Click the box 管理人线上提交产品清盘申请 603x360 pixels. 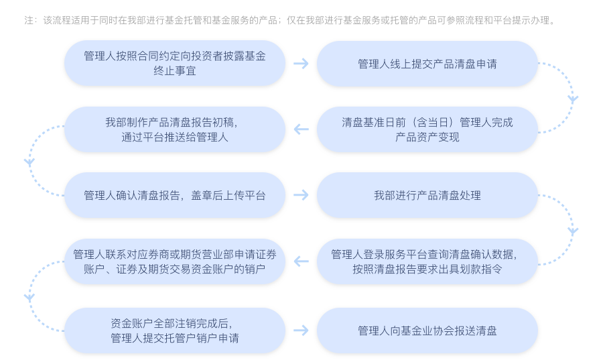pos(427,64)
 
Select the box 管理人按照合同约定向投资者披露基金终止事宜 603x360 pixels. pos(174,64)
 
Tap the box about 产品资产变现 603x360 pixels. pos(427,129)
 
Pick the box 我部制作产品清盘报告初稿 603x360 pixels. pos(174,129)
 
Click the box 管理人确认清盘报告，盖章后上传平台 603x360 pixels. pos(174,195)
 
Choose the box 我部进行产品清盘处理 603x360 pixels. pos(427,195)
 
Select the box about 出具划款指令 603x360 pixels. pos(427,261)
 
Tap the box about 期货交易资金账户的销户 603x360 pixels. pos(174,261)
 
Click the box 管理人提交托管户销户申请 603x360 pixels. pos(174,331)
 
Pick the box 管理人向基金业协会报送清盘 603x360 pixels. pos(427,331)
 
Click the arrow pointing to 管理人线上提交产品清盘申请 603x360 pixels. pos(301,64)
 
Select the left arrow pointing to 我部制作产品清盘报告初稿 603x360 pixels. pos(301,129)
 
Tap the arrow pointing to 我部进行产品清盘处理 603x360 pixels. pos(301,195)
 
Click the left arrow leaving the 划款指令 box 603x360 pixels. pos(301,261)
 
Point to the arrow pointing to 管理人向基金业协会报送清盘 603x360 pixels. pos(301,331)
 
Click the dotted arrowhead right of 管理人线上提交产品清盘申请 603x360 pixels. pos(572,99)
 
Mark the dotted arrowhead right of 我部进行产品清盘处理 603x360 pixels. pos(572,231)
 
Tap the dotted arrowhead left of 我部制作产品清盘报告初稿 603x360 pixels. pos(29,162)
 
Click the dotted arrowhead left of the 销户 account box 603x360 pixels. pos(29,297)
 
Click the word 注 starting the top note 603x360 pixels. pos(29,21)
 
